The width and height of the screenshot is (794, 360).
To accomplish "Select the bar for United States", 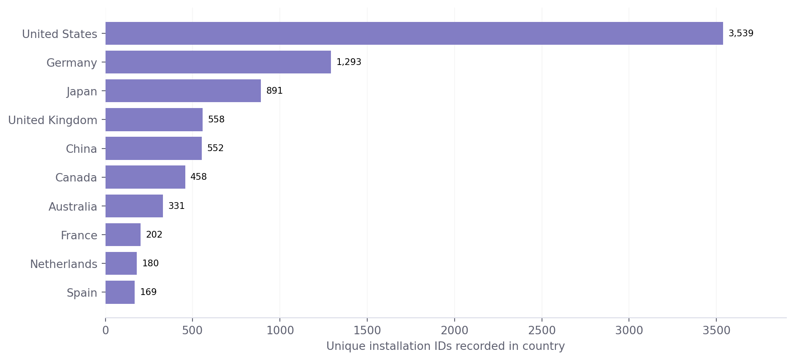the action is click(414, 33).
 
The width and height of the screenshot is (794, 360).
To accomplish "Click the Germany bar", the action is click(218, 62).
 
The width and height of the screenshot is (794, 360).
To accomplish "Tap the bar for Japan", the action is click(183, 91).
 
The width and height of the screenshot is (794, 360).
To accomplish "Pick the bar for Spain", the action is click(120, 292).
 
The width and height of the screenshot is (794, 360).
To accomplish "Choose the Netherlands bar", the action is click(121, 263).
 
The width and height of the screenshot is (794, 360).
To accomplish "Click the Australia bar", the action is click(134, 206).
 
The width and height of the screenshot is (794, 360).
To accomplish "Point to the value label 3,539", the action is click(741, 33).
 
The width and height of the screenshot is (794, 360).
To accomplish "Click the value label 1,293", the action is click(349, 62).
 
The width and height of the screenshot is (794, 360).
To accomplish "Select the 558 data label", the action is click(216, 119).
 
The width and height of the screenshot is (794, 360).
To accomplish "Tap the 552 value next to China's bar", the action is click(215, 148).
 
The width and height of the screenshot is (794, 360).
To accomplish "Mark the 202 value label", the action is click(154, 235).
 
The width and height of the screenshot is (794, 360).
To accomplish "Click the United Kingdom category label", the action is click(53, 120).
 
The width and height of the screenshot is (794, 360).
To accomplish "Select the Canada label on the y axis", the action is click(76, 178).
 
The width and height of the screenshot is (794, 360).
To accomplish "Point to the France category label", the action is click(79, 235).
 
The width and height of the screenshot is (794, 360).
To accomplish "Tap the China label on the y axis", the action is click(81, 149).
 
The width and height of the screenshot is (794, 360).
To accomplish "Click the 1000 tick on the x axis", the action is click(280, 330).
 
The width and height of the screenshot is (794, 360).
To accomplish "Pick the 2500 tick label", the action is click(542, 330).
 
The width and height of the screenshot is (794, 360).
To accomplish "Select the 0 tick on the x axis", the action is click(106, 330).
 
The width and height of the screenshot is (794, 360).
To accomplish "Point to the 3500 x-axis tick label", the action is click(716, 330).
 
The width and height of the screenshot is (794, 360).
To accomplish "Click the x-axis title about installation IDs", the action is click(445, 346).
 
